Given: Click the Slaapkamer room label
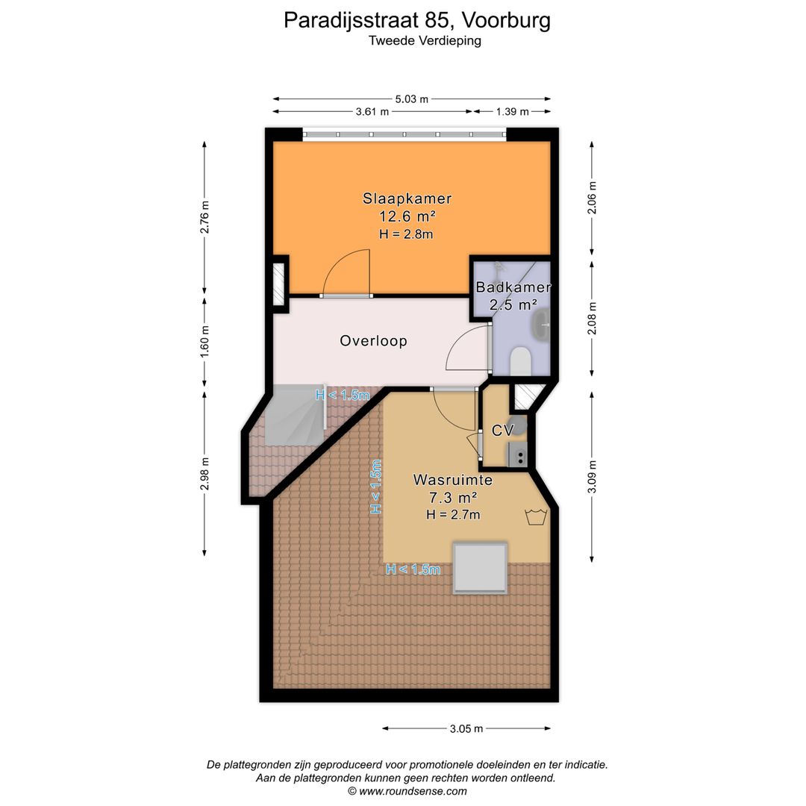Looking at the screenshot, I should tap(407, 199).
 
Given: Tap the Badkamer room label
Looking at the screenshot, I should tap(513, 287).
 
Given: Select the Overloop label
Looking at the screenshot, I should tap(373, 341).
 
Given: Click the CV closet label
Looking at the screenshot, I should tap(502, 431).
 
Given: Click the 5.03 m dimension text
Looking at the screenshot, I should tap(412, 99).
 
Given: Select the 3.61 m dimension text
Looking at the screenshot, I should tap(372, 112).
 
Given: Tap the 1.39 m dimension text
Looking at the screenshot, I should tap(512, 112).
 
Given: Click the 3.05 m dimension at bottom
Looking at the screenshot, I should tap(466, 728).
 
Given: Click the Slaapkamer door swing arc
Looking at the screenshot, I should tap(347, 270).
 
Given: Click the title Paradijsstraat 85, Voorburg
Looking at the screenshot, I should tap(417, 20).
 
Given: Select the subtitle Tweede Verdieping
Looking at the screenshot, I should tap(425, 41).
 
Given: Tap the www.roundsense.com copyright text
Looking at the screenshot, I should tap(407, 791).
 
